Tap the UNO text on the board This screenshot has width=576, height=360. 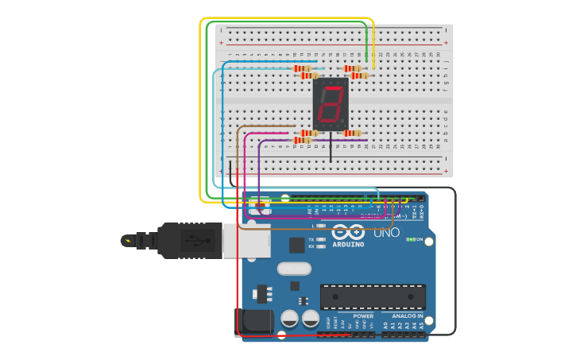click(x=386, y=233)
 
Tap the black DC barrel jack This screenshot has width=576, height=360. click(x=253, y=321)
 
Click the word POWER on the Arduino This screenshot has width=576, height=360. click(x=352, y=315)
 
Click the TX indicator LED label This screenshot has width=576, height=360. click(x=311, y=238)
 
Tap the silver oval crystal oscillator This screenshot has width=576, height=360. click(x=294, y=269)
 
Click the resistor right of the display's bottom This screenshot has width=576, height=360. click(x=353, y=133)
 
